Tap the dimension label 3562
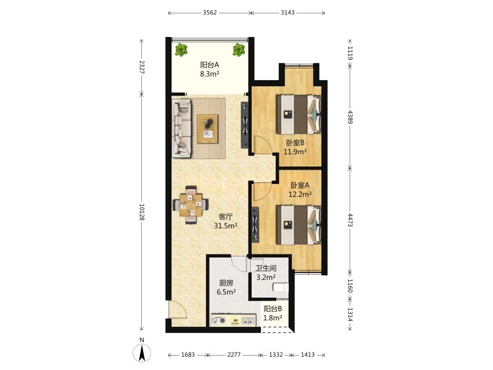tap(210, 12)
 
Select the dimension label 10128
tap(142, 212)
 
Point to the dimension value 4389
tap(350, 117)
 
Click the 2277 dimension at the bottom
tap(234, 355)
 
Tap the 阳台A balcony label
tap(210, 65)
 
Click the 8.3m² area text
tap(210, 74)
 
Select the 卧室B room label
tap(295, 143)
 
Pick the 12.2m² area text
tap(300, 194)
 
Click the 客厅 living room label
tap(225, 217)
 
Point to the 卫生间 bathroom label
tap(266, 268)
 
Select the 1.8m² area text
tap(273, 318)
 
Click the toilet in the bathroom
tap(281, 288)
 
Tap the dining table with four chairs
tap(191, 205)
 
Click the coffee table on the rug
tap(208, 128)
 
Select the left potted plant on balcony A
tap(181, 50)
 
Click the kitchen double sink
tap(248, 321)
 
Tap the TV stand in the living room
tap(245, 125)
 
